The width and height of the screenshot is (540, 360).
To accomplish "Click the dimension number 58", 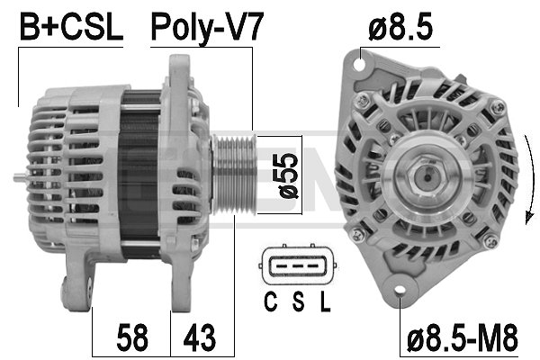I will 131,339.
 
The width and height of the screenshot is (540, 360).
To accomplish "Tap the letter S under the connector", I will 297,302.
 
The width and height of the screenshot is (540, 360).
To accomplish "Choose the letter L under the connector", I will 323,302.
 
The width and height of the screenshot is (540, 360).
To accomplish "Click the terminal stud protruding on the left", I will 22,177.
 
